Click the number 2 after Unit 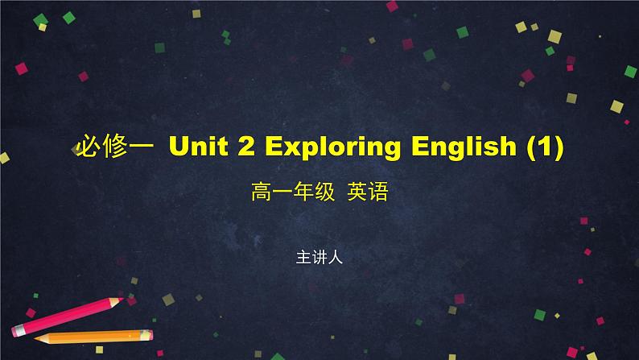pos(248,147)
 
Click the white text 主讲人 pos(319,259)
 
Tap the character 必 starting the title pos(85,148)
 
